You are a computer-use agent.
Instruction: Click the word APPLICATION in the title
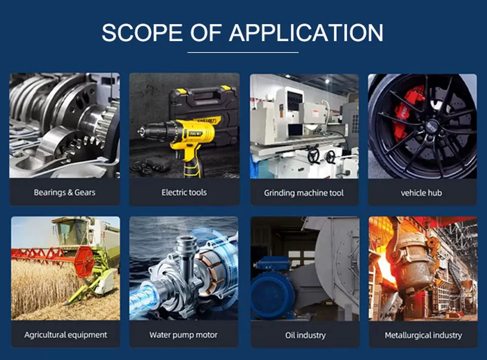click(306, 32)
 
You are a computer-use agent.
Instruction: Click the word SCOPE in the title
click(142, 32)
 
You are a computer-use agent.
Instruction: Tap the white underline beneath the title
click(243, 52)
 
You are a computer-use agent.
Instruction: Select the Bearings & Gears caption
click(64, 192)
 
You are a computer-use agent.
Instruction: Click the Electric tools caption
click(184, 192)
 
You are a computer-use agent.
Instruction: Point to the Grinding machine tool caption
click(304, 193)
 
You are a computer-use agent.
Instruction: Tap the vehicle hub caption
click(422, 193)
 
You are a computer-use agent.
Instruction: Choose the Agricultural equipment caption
click(65, 335)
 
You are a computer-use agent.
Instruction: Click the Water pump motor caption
click(184, 335)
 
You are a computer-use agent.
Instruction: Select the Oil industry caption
click(305, 335)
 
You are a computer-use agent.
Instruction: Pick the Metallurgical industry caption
click(423, 335)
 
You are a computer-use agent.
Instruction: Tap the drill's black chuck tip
click(141, 130)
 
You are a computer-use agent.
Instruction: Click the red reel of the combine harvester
click(84, 261)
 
